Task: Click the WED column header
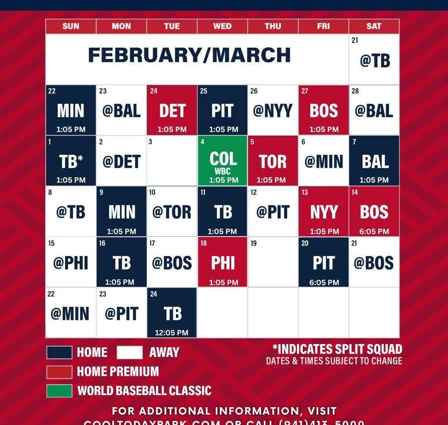222,27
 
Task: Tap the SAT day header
374,27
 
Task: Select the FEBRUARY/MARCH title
189,56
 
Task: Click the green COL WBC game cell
223,161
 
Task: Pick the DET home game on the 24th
172,111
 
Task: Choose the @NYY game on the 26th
273,111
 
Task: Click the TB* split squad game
71,161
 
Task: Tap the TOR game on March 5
273,161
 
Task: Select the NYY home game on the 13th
324,212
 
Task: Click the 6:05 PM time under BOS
374,232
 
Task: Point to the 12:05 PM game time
172,332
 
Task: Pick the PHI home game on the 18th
223,263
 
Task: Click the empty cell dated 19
273,262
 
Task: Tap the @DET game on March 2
122,161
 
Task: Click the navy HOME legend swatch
59,352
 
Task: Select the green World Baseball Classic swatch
59,391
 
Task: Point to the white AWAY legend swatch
129,352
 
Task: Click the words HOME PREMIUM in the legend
118,371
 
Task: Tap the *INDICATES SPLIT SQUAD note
337,349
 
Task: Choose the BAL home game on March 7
374,161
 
